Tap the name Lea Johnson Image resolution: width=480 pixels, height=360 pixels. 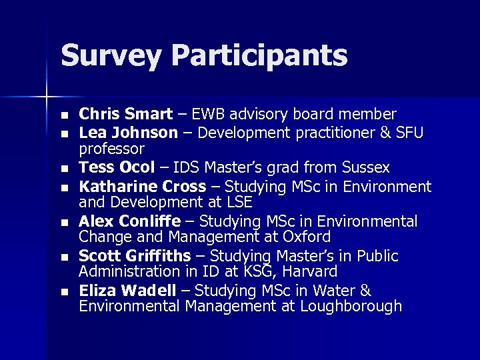128,132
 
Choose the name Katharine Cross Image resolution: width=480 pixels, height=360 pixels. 142,185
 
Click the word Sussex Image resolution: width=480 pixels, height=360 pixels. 365,167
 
